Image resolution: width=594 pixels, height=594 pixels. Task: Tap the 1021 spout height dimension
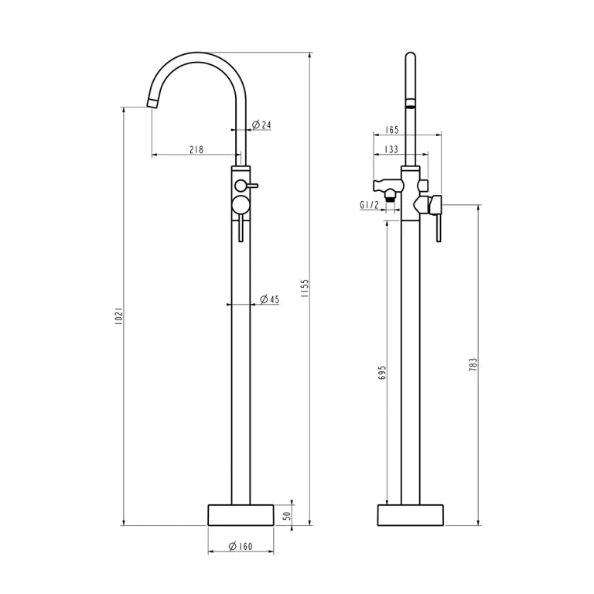[x=118, y=316]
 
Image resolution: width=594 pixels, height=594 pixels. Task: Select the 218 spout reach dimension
[x=196, y=149]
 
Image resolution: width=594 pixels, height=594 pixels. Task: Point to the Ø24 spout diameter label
[x=261, y=125]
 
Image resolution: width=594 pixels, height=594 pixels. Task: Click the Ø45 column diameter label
[x=269, y=299]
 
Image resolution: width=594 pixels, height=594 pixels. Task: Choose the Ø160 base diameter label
[x=241, y=546]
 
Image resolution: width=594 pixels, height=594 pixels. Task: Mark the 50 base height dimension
[x=288, y=515]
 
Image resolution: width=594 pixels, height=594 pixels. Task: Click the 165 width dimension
[x=391, y=130]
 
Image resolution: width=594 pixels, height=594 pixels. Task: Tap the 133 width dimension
[x=391, y=149]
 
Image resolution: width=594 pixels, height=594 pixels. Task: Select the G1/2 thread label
[x=369, y=205]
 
